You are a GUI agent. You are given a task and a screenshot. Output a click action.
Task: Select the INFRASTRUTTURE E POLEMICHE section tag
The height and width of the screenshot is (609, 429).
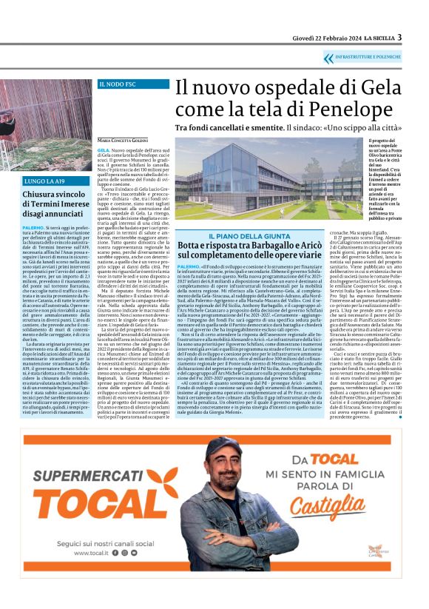[x=371, y=57]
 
